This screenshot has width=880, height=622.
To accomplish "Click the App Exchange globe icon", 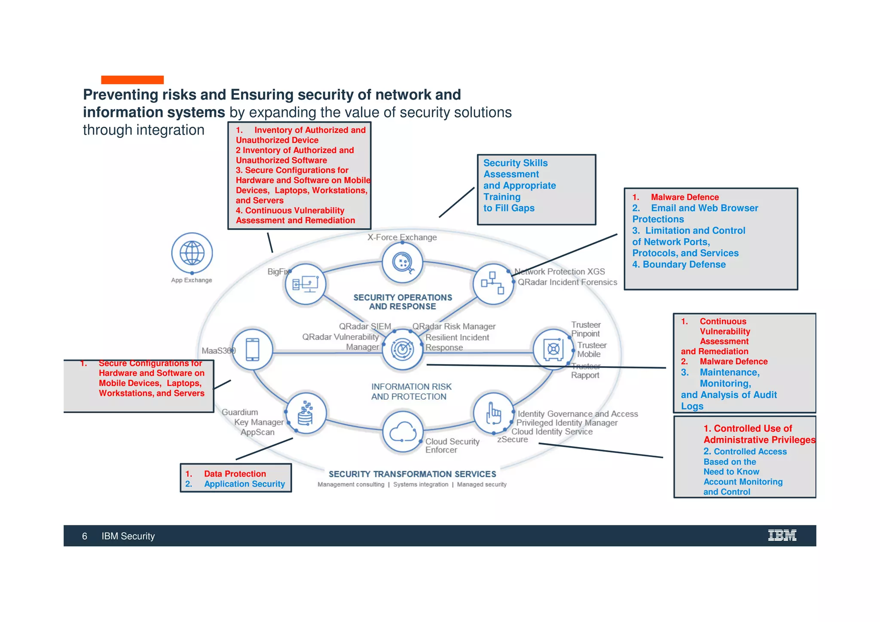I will [x=192, y=253].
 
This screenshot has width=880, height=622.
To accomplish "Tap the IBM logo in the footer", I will [x=782, y=535].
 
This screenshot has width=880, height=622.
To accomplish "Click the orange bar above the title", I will [x=132, y=80].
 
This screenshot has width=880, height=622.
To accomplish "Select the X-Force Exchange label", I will [x=402, y=237].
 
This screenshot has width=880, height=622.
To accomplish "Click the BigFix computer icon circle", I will [x=306, y=284].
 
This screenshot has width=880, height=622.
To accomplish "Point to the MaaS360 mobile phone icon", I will [x=252, y=349].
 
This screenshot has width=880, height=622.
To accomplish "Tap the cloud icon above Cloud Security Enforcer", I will [x=403, y=432].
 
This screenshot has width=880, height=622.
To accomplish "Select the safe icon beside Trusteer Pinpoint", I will [x=553, y=349].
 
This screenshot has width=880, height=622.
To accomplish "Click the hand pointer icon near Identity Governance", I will [x=493, y=413].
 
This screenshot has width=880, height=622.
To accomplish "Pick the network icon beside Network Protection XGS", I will [x=493, y=284].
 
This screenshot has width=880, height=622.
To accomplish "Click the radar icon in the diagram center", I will [x=403, y=349].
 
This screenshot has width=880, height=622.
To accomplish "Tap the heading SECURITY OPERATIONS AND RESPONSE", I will [x=403, y=302].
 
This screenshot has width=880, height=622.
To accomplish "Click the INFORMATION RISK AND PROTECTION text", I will [x=411, y=392].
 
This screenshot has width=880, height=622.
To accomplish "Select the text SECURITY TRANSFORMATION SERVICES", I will [x=412, y=474].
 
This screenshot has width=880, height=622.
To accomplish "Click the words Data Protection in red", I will [x=235, y=474].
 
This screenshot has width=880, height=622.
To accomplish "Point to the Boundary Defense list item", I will [x=684, y=264].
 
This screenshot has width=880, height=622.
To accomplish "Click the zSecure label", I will [x=512, y=439].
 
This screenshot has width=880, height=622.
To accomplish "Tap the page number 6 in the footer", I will [x=85, y=536].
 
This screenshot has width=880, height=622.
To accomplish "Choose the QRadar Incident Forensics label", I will [x=567, y=282].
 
